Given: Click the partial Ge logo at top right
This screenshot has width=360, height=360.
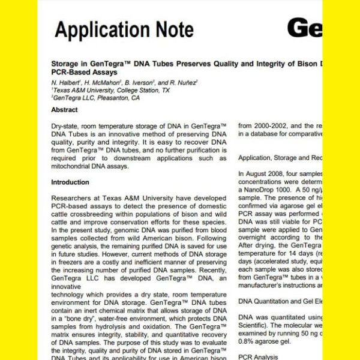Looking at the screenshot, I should (x=304, y=28).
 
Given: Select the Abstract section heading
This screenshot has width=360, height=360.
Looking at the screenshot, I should (x=64, y=110).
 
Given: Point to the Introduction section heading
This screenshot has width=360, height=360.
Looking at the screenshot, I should (x=70, y=182).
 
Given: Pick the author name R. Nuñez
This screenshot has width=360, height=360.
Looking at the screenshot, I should (x=181, y=82).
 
